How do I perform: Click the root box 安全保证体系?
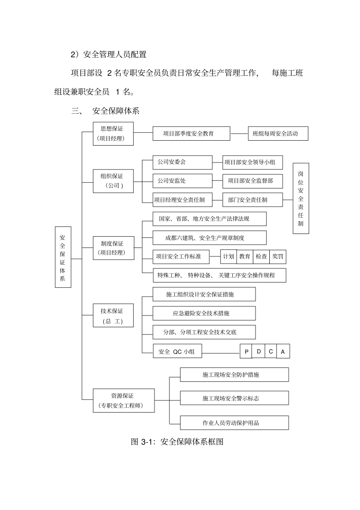coord(63,257)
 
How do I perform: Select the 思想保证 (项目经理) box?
coord(114,133)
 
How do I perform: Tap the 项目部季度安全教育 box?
coord(191,133)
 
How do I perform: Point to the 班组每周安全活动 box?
coord(278,133)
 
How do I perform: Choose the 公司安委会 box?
coord(182,162)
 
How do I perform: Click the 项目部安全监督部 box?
coord(252,181)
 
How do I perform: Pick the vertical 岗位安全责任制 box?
coord(301,198)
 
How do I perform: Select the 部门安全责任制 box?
coord(252,200)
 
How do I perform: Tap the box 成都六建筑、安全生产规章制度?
coord(209,238)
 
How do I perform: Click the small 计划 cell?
coord(229,257)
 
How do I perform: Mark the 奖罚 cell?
coord(278,257)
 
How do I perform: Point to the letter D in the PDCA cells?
coord(258,352)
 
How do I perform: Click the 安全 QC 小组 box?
coord(177,352)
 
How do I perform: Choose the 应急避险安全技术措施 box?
coord(204,313)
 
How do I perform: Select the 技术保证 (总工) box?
coord(114,315)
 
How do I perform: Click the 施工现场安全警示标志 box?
coord(234,398)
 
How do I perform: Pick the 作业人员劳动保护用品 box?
coord(234,423)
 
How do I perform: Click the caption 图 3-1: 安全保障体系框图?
coord(177,442)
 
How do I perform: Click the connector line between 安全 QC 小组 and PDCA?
coord(221,353)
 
